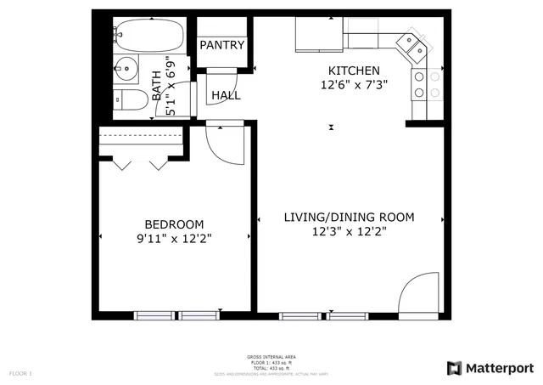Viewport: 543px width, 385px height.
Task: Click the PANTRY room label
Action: coord(222,45)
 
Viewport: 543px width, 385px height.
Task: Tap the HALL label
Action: coord(226,95)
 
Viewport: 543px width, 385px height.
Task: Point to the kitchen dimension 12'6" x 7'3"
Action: coord(354,85)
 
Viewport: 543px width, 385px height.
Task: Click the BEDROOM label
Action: coord(174,224)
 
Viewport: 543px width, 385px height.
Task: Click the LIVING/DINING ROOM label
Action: coord(349,218)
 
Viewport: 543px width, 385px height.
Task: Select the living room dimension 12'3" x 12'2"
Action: coord(349,232)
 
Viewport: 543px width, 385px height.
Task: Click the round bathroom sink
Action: coord(126,67)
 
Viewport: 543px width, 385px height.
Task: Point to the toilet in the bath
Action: coord(129,99)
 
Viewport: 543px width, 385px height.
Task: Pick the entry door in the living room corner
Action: coord(419,296)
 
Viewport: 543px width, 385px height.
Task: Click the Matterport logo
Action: coord(490,367)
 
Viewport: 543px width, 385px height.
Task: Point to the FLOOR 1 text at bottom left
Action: coord(20,373)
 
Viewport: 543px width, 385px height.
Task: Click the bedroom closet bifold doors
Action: coord(140,161)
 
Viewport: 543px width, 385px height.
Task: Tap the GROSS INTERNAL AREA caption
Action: coord(271,357)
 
